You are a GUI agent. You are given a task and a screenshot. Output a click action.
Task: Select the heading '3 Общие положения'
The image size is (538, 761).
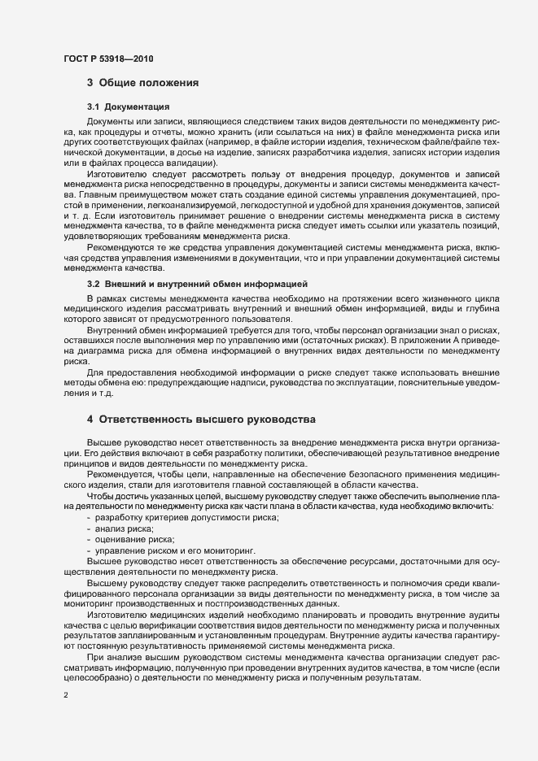(139, 83)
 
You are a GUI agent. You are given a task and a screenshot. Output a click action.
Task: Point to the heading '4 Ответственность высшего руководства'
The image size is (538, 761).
(200, 420)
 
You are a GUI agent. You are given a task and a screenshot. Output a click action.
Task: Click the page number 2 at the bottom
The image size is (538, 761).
(66, 694)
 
